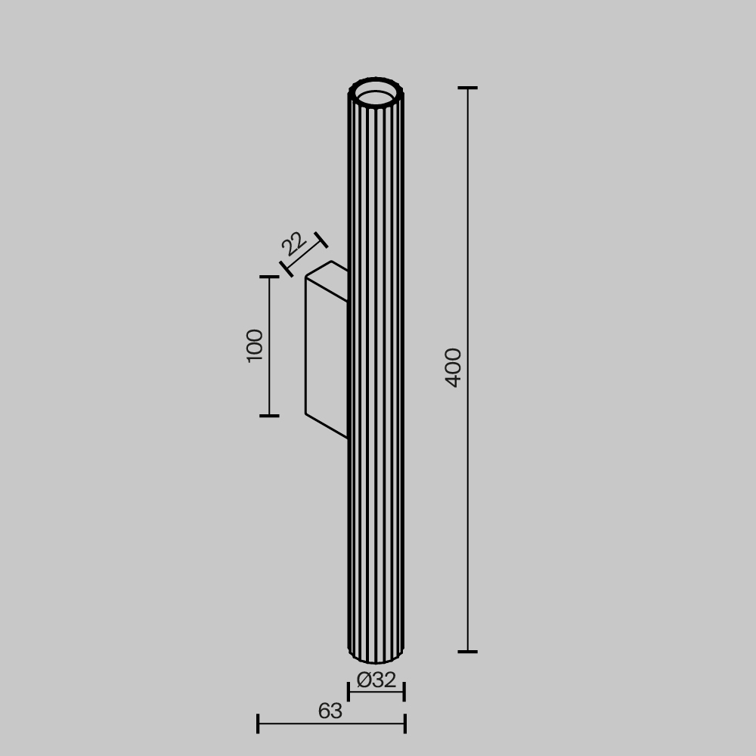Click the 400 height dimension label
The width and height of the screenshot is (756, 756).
[454, 367]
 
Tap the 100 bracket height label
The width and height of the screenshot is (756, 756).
[256, 345]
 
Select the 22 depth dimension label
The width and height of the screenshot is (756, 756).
[293, 243]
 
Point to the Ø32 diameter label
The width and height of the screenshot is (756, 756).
[376, 680]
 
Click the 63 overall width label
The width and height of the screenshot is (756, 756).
[330, 711]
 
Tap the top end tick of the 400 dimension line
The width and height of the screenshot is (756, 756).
[468, 88]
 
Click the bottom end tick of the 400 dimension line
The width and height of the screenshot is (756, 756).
[468, 651]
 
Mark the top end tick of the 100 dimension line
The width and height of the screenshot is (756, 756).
[269, 277]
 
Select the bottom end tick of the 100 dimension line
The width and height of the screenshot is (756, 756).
[269, 416]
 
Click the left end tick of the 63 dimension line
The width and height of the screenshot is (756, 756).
[258, 723]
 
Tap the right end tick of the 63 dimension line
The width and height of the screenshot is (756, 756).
[405, 723]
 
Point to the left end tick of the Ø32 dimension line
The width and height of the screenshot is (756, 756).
[349, 691]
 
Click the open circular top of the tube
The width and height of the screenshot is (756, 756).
[376, 97]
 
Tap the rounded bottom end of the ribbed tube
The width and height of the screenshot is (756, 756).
[376, 656]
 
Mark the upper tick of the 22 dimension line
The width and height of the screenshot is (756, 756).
[321, 240]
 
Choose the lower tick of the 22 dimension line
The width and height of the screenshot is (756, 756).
[287, 268]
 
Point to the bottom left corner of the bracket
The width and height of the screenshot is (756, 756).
[306, 414]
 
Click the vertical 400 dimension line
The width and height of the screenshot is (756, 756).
[468, 227]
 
